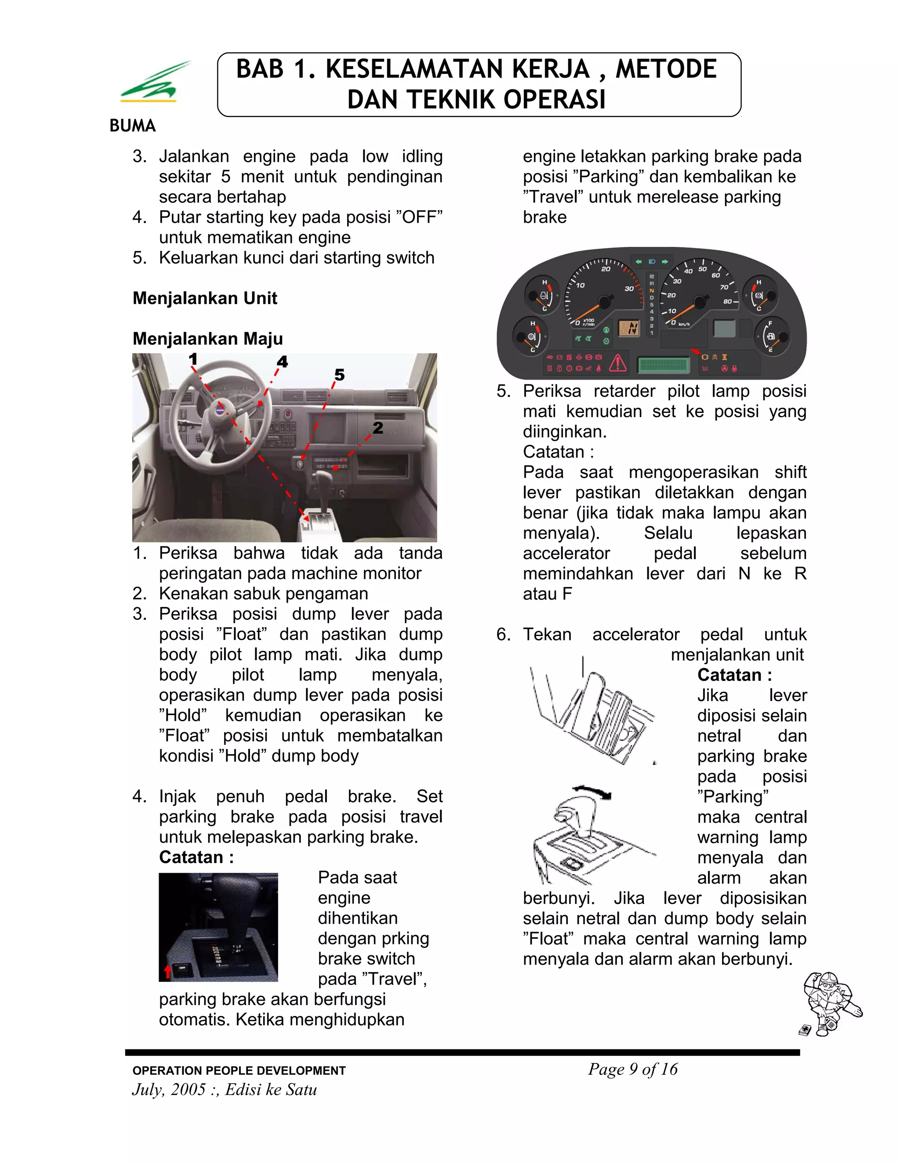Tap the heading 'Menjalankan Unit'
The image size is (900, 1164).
pos(205,298)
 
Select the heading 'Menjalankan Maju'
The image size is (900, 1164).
pos(207,338)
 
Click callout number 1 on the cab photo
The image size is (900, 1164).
pos(193,359)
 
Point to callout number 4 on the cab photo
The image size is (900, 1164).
pos(282,362)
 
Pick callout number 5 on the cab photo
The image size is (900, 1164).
pos(339,375)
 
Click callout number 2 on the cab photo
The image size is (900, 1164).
pos(378,427)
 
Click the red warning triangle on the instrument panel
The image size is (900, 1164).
pos(617,363)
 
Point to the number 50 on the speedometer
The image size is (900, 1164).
pos(702,269)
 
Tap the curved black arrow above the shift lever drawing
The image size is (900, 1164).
pos(592,791)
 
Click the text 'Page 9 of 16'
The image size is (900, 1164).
pos(632,1069)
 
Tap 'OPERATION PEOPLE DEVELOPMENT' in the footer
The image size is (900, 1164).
pos(239,1071)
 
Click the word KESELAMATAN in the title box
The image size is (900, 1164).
pos(457,69)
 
